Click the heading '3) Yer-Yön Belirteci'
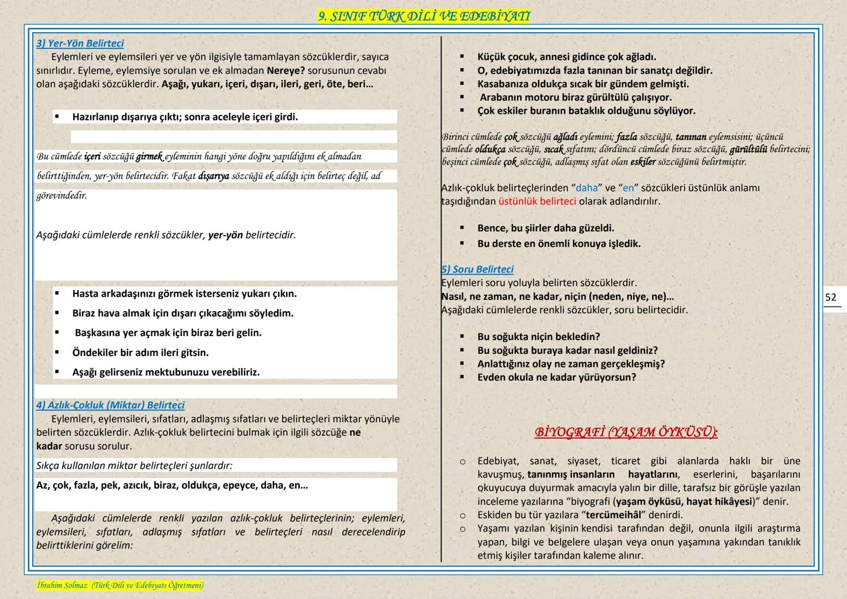coord(80,43)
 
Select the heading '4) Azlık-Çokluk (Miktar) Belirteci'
coord(110,405)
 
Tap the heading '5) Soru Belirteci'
coord(478,269)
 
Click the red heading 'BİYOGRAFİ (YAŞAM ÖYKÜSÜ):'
coord(626,432)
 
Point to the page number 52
coord(830,297)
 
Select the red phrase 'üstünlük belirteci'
coord(537,201)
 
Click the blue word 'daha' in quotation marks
coord(587,188)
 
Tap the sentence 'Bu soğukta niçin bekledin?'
coord(539,337)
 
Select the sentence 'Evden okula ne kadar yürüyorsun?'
coord(556,377)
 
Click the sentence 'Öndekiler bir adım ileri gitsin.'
coord(140,353)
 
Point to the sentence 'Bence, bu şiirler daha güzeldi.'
coord(545,228)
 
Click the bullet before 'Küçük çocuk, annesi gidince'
coord(461,57)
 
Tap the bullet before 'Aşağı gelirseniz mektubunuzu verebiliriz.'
coord(57,372)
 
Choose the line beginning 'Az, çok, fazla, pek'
coord(172,485)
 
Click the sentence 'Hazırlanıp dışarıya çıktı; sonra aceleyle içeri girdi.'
coord(185,117)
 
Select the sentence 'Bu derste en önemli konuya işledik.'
coord(559,243)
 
